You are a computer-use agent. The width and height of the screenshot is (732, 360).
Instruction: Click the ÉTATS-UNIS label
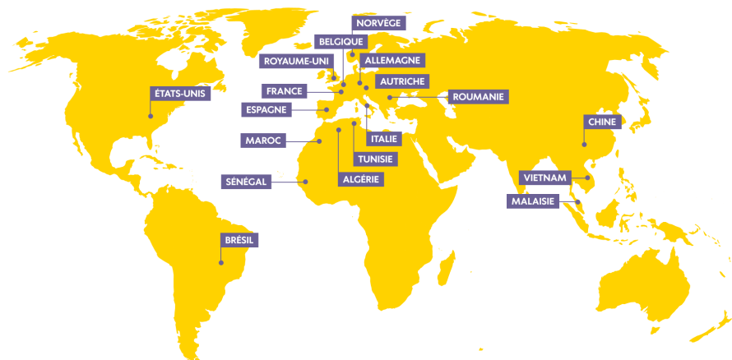(x=181, y=94)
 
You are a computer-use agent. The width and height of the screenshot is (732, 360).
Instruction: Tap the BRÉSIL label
(x=239, y=240)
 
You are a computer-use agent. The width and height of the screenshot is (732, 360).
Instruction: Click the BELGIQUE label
(x=341, y=42)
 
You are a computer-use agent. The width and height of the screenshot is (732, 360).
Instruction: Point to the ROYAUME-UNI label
(x=294, y=60)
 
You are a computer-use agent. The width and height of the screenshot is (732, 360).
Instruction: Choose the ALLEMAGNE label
(x=391, y=60)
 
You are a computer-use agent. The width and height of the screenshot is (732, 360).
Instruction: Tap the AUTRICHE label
(x=401, y=81)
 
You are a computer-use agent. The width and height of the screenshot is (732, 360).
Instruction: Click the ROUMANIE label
(x=478, y=97)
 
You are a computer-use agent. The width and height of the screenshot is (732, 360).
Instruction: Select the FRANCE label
(x=285, y=90)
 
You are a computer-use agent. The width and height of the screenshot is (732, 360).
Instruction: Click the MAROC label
(x=263, y=141)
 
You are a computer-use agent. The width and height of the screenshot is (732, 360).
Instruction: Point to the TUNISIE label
(x=374, y=159)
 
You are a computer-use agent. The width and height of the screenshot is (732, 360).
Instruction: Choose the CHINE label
(x=601, y=122)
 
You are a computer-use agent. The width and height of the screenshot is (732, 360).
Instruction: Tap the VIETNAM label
(x=544, y=178)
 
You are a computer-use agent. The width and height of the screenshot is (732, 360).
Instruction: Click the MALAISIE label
(x=534, y=201)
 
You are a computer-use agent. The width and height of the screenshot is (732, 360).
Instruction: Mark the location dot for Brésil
(x=220, y=263)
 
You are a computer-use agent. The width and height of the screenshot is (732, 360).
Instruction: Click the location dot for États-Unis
(x=151, y=116)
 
